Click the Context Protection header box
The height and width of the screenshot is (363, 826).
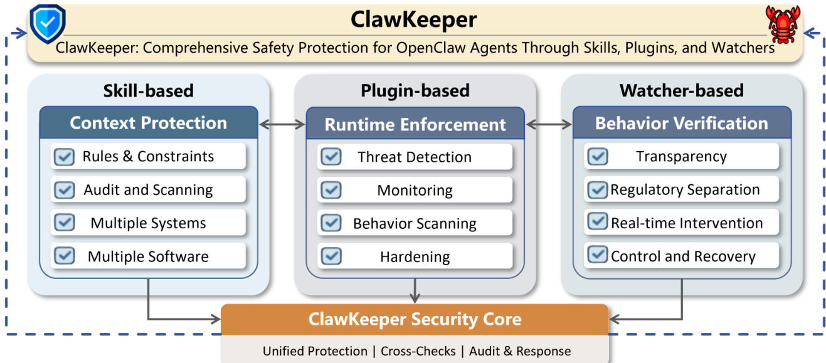[x=148, y=123]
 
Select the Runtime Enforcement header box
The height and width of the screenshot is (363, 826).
[x=415, y=124]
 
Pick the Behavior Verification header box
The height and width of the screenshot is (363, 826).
[x=681, y=123]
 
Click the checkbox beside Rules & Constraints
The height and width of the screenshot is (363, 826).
[x=64, y=157]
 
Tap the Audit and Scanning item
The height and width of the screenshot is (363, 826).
[x=148, y=190]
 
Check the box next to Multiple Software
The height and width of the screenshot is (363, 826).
[x=64, y=256]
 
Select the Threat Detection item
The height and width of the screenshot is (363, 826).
[x=415, y=157]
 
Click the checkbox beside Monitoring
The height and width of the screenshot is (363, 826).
[x=331, y=190]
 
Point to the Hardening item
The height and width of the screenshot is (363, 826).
[x=415, y=256]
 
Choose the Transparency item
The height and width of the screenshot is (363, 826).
[x=681, y=157]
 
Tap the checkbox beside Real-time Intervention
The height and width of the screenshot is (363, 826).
[x=597, y=223]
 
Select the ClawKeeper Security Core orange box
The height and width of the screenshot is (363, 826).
[x=415, y=320]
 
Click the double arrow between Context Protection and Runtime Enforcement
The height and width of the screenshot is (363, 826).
[x=282, y=124]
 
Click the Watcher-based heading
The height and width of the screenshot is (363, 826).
[x=681, y=90]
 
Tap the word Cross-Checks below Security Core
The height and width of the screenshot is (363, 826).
[x=418, y=351]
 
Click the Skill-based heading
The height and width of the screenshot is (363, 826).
[x=148, y=90]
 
